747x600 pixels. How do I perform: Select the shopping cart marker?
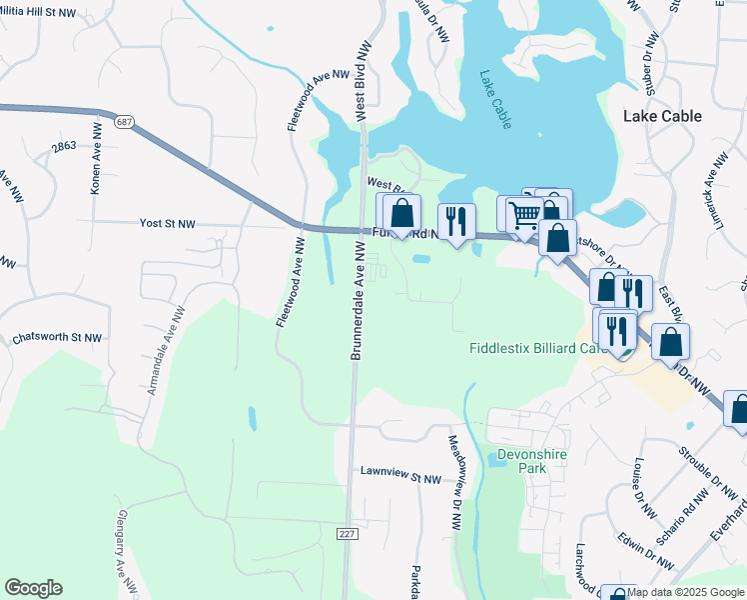[x=522, y=213]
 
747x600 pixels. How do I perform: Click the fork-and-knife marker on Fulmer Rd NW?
[x=457, y=221]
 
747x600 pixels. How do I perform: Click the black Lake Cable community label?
[x=662, y=116]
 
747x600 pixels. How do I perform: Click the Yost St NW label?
[x=168, y=224]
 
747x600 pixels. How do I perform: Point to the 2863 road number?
[x=64, y=147]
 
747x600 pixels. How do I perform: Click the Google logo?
[x=33, y=588]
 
